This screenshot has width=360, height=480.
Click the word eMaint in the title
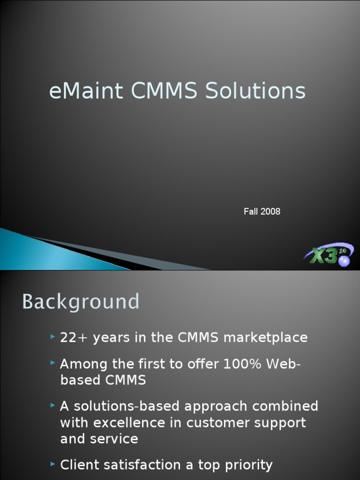click(x=86, y=91)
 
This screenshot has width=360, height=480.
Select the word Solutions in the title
click(x=255, y=91)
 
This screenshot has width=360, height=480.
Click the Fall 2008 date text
click(x=262, y=211)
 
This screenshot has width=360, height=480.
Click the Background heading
click(x=81, y=301)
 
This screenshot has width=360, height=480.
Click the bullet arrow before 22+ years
click(x=52, y=337)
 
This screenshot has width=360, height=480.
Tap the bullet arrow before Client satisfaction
click(x=52, y=464)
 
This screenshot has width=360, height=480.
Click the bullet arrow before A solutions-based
click(x=52, y=405)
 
